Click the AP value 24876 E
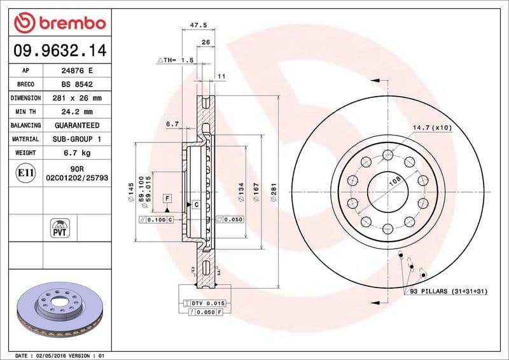tap(77, 71)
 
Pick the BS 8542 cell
tap(77, 85)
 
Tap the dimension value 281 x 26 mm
tap(77, 99)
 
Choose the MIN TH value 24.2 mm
tap(77, 112)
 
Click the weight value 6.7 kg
tap(77, 153)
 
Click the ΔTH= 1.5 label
tap(175, 60)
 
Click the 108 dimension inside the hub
tap(394, 181)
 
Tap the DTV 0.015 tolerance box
tap(204, 303)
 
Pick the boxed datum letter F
tap(167, 198)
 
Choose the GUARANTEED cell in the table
tap(77, 125)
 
